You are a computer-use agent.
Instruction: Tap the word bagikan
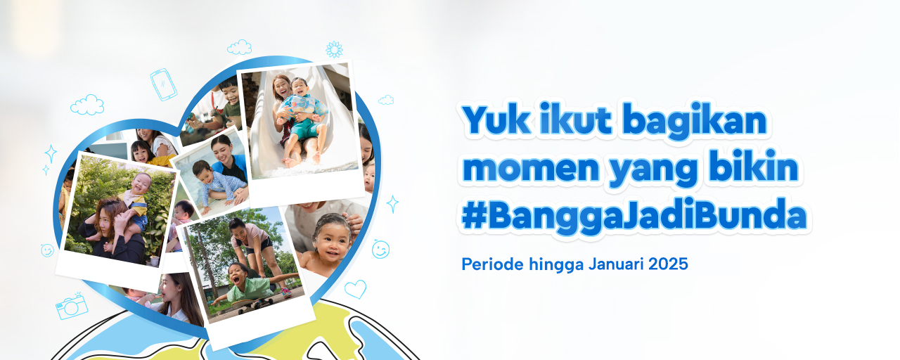(695, 121)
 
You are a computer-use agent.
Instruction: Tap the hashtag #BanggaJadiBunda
(634, 217)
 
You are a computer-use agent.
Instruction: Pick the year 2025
(669, 265)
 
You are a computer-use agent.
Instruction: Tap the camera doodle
(72, 307)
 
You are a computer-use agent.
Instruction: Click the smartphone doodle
(164, 84)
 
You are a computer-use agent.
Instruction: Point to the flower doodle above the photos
(334, 49)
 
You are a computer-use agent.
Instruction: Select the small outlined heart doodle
(355, 288)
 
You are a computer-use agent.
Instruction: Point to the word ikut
(576, 121)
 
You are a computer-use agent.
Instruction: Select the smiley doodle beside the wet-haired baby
(380, 249)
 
